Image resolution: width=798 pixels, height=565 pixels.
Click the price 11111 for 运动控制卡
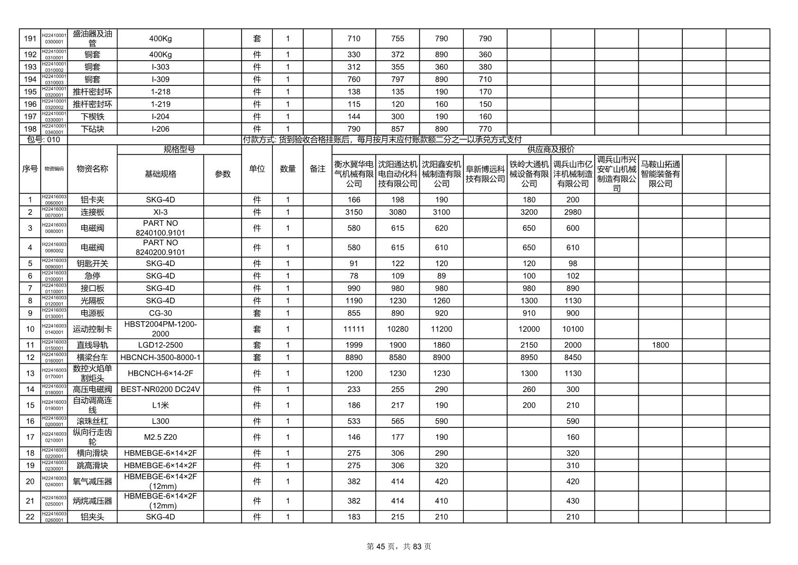coord(354,329)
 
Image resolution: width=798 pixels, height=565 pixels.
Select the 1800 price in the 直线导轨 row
coord(660,345)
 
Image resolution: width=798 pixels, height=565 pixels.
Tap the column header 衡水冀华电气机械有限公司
coord(354,174)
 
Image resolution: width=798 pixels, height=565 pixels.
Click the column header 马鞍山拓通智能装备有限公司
coord(660,174)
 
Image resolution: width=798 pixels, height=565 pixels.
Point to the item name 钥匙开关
coord(92,264)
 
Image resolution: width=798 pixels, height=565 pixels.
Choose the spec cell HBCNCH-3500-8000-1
coord(160,358)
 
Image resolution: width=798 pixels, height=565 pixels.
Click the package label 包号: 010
coord(44,139)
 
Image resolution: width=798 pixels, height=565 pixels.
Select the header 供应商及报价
coord(551,149)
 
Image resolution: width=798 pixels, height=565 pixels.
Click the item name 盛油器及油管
coord(92,38)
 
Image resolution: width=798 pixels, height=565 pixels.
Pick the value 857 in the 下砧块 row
coord(397,129)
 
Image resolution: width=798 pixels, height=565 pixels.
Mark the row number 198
coord(30,129)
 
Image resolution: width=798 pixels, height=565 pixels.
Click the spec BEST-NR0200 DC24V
coord(160,389)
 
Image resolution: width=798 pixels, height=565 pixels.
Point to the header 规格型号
coord(179,149)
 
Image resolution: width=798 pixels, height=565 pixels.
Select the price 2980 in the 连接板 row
coord(572,213)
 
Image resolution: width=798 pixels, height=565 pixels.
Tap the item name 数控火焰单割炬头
coord(92,373)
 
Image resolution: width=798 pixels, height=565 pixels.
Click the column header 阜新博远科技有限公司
coord(485,174)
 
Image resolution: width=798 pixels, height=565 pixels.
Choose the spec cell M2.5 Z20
coord(160,437)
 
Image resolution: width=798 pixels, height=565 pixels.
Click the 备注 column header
coord(317,169)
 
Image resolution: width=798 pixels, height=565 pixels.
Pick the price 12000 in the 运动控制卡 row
coord(529,329)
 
